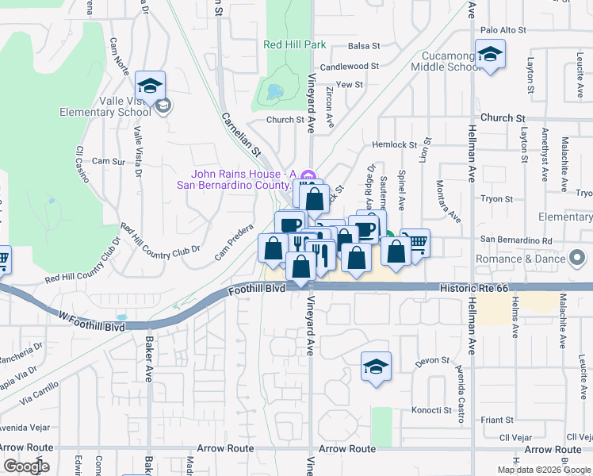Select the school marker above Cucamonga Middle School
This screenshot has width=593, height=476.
[490, 55]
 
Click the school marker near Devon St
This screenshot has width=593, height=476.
[377, 367]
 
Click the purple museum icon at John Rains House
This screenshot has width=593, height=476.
[310, 175]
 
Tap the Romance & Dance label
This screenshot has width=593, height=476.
[520, 259]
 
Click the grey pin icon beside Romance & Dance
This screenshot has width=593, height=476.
[578, 258]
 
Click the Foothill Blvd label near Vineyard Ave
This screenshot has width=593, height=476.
[255, 291]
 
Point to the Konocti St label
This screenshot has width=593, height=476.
[431, 411]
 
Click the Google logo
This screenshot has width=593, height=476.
[26, 466]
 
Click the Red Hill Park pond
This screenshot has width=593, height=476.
[275, 92]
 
